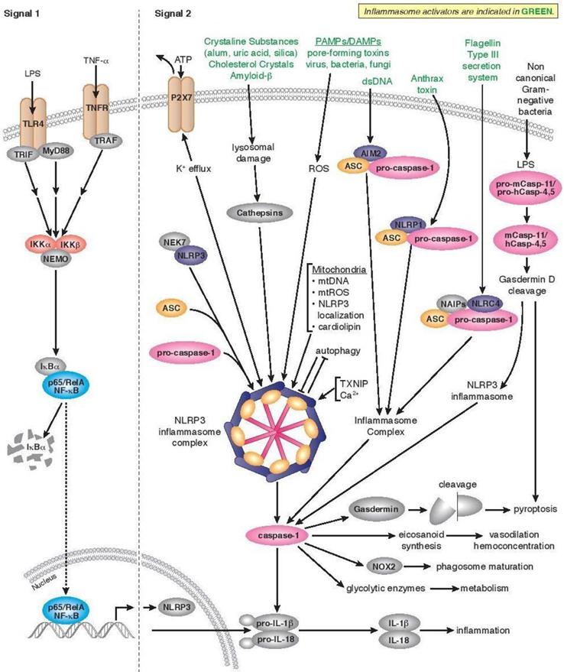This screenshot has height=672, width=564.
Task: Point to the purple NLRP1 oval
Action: click(x=404, y=226)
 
